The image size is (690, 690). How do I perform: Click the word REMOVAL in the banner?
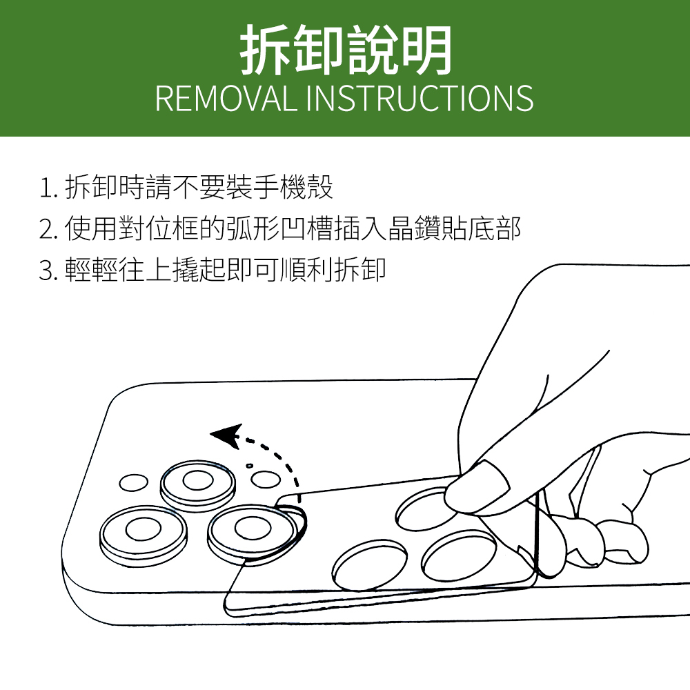[226, 98]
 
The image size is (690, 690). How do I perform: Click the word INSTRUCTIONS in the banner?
[419, 98]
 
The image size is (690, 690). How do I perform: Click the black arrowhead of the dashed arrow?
[227, 436]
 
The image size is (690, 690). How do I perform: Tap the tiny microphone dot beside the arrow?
[250, 465]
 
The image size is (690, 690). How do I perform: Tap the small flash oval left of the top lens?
[133, 483]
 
